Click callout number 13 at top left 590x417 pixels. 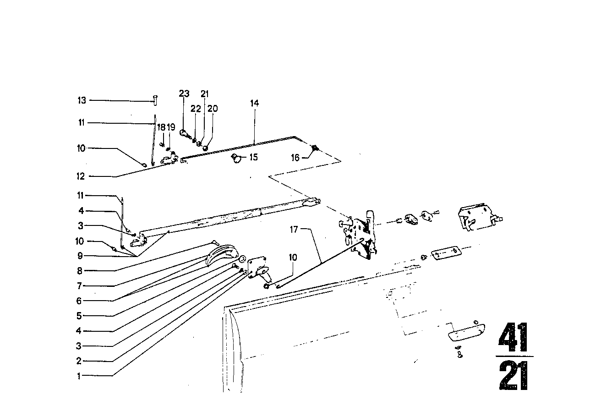[81, 100]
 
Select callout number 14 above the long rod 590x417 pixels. [254, 103]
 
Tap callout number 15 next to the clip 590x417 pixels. [253, 157]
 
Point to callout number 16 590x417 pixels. [295, 158]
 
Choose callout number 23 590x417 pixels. [184, 93]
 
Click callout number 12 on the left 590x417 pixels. [81, 176]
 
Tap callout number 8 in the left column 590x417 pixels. [79, 270]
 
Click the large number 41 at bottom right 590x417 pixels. [514, 338]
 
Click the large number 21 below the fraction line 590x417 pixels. [514, 376]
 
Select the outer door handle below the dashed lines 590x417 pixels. [467, 329]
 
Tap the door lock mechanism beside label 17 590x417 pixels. [361, 234]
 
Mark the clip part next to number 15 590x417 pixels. [237, 158]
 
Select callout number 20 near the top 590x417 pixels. [213, 109]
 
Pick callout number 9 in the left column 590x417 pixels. [79, 255]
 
